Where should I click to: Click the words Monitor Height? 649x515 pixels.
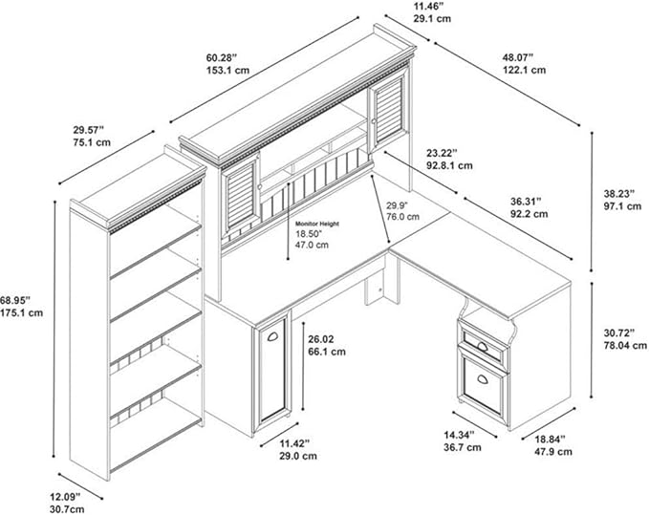317,224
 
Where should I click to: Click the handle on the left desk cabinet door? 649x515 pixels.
272,336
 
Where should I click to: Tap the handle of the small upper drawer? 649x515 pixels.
483,346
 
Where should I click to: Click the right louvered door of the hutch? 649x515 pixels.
389,110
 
